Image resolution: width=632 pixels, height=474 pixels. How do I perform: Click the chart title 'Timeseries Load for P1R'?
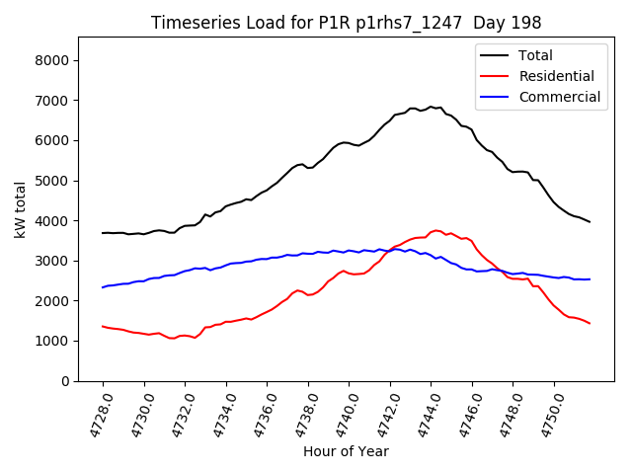[346, 23]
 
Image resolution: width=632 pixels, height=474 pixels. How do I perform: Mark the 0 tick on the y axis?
[64, 380]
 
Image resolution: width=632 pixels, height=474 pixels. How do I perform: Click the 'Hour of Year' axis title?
[346, 451]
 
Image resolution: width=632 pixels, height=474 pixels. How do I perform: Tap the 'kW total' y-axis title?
[21, 208]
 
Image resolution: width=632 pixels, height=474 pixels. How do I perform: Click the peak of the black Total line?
[431, 106]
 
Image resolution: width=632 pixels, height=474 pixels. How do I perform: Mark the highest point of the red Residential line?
[435, 230]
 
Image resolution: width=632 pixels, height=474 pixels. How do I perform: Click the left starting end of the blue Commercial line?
[103, 287]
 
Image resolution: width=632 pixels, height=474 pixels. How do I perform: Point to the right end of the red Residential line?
[590, 323]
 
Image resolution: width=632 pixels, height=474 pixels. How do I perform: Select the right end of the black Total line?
[590, 222]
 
